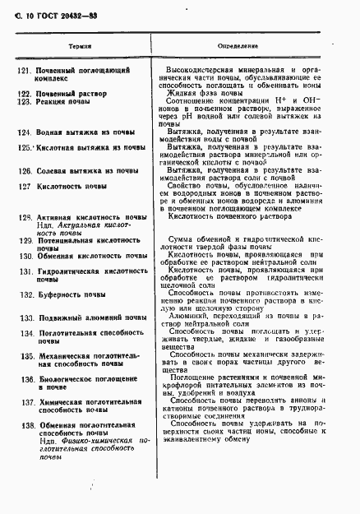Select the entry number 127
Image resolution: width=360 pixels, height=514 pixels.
(x=24, y=187)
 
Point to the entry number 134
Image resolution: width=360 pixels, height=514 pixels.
(x=24, y=333)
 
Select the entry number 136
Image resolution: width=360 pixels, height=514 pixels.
(x=24, y=379)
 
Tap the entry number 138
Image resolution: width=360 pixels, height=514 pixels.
(x=24, y=425)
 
